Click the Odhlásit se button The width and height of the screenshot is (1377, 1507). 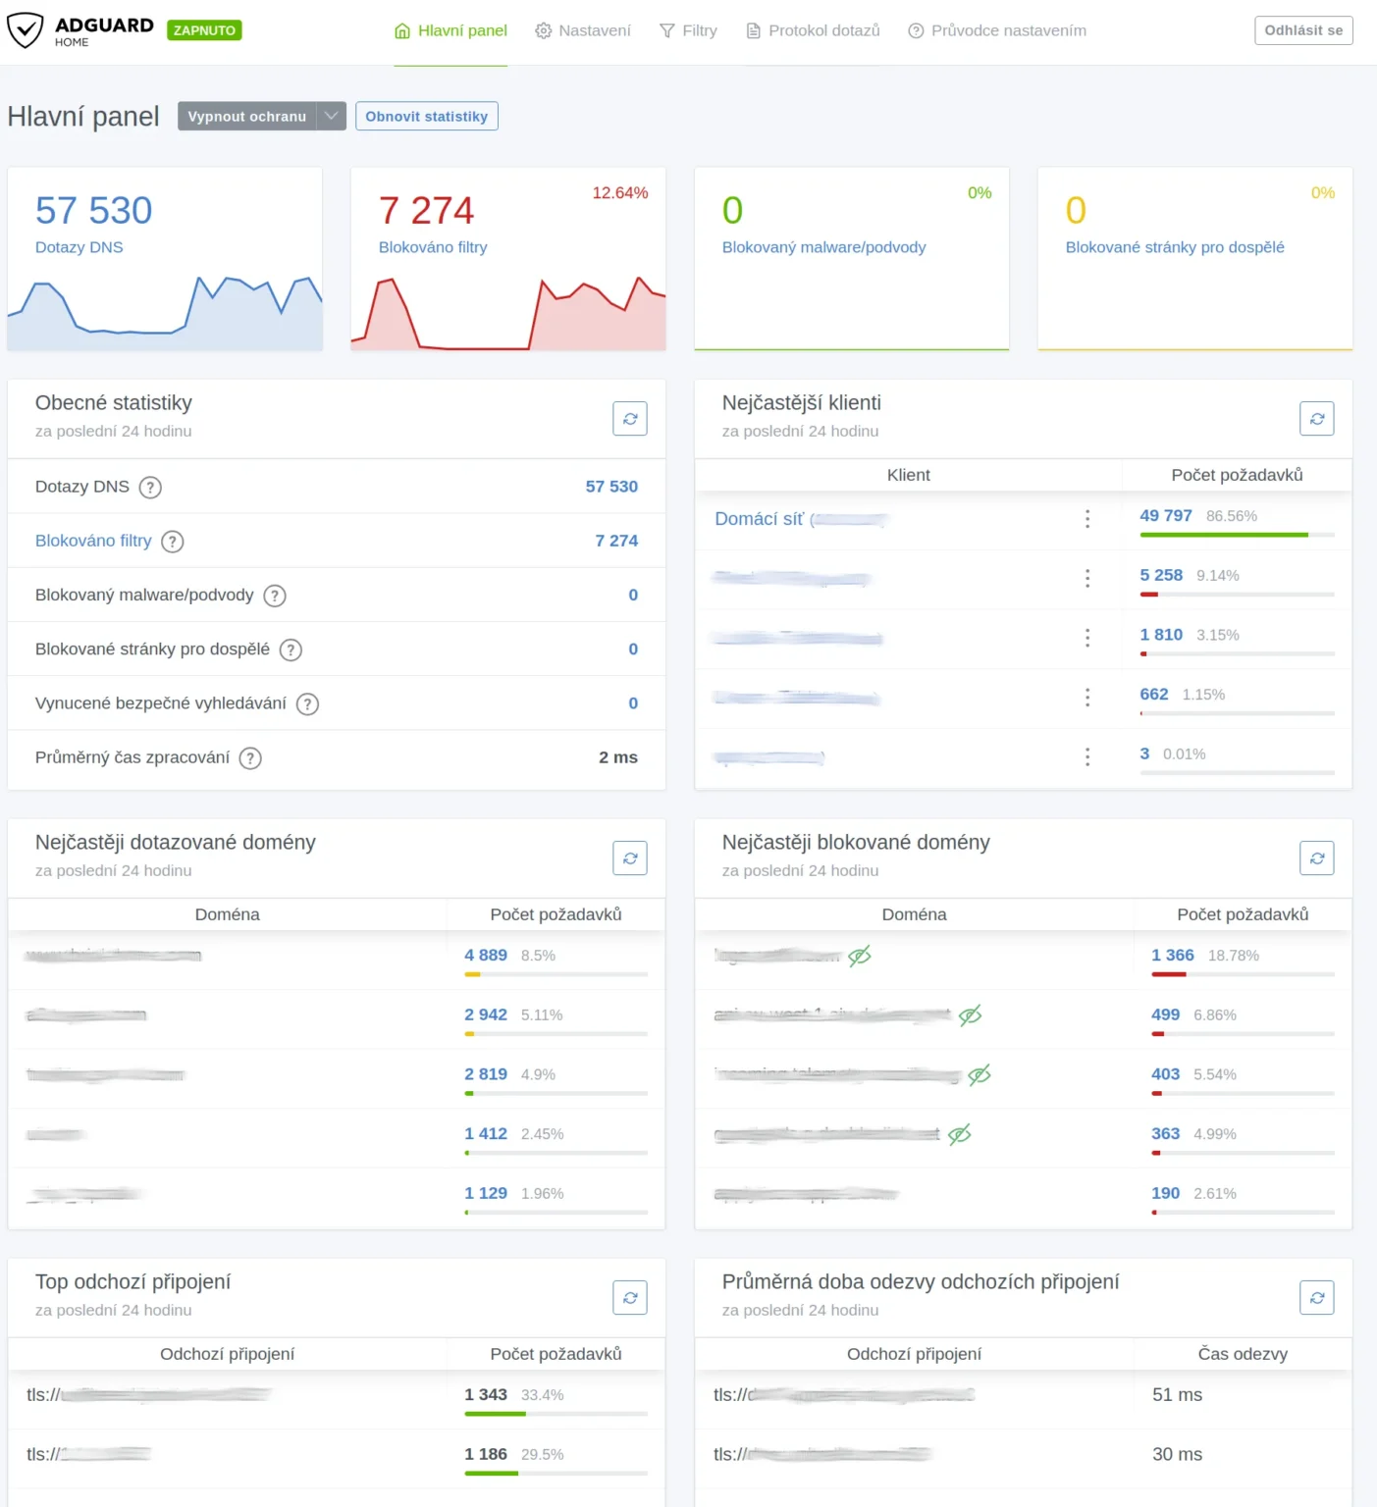(x=1302, y=30)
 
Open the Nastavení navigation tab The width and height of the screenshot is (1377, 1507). (x=583, y=30)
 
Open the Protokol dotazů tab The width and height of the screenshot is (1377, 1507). (x=813, y=30)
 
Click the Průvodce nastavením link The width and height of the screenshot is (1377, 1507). (x=997, y=30)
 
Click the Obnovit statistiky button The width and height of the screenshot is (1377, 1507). (x=426, y=116)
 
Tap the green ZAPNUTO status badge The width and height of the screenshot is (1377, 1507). (x=204, y=30)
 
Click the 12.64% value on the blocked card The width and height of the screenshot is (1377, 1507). (x=619, y=192)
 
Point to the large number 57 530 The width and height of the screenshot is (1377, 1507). (x=94, y=210)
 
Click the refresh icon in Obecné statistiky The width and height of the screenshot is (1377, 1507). (x=629, y=419)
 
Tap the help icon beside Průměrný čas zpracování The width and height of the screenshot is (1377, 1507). (x=250, y=757)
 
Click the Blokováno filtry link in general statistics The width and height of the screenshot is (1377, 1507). (x=93, y=541)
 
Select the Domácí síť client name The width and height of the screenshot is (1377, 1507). (x=759, y=519)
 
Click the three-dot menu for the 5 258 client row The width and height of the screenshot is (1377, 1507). (x=1086, y=578)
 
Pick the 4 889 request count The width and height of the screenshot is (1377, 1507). (x=486, y=955)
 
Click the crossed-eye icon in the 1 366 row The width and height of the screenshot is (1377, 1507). (x=860, y=956)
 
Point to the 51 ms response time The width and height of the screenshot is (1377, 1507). (x=1177, y=1394)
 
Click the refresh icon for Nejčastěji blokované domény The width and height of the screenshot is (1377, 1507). (x=1316, y=858)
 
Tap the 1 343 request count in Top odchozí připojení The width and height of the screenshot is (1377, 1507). (x=486, y=1394)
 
